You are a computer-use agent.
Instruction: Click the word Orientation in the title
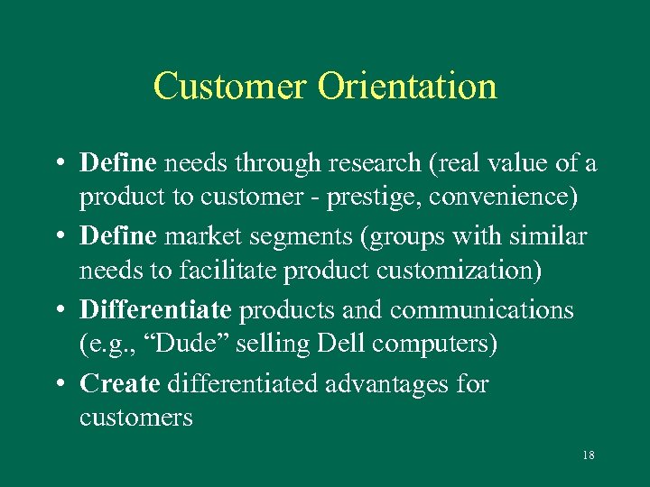point(406,87)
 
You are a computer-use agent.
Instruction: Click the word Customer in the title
point(230,87)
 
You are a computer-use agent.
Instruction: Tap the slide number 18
point(588,455)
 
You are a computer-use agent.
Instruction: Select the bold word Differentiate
point(156,310)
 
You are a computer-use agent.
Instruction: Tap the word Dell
point(321,344)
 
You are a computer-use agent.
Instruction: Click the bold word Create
point(120,384)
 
